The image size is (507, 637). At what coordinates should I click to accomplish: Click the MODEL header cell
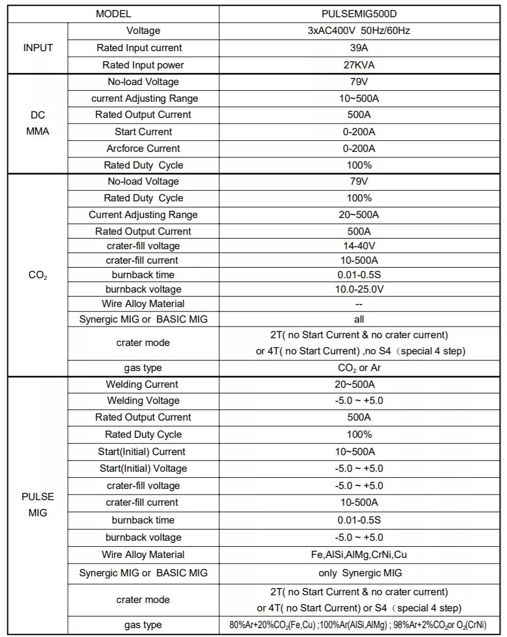point(113,14)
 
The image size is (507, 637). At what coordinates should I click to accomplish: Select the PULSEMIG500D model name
point(359,14)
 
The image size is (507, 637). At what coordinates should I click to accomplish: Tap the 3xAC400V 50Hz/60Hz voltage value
point(359,31)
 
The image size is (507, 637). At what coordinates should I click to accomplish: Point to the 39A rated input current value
point(359,48)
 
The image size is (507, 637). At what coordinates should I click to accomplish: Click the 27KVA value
point(359,65)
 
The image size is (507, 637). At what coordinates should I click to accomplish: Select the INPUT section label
point(38,48)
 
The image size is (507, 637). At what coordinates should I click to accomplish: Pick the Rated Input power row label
point(143,65)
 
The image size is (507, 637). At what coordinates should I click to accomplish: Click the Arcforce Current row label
point(143,149)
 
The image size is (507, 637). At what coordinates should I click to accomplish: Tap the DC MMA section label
point(38,124)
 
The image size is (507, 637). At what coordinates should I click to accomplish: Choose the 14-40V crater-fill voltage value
point(359,246)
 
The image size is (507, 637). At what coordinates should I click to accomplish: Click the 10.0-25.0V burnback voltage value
point(359,289)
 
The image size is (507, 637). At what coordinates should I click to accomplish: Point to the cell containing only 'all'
point(359,319)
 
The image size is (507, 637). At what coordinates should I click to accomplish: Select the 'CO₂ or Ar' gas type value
point(359,368)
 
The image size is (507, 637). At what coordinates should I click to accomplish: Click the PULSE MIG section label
point(38,505)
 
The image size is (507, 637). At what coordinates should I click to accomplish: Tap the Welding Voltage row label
point(143,401)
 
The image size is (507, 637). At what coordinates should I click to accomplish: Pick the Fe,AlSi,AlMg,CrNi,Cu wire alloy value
point(359,555)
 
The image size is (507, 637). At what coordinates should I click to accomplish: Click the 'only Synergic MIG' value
point(359,573)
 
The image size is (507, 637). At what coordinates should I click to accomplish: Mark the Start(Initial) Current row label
point(143,452)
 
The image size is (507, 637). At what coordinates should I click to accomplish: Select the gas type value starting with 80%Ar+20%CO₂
point(359,625)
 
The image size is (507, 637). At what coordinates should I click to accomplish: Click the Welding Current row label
point(143,384)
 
